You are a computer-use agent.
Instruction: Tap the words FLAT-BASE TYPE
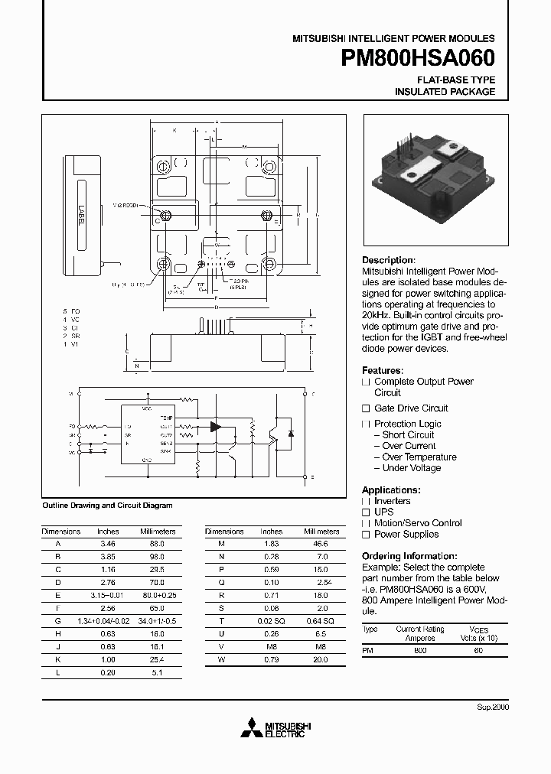pos(455,80)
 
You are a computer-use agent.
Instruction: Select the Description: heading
pos(388,260)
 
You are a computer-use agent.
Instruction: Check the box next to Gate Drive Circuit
pos(366,408)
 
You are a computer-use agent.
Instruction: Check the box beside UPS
pos(366,512)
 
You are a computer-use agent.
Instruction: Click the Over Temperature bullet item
pos(419,457)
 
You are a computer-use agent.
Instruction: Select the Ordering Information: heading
pos(409,556)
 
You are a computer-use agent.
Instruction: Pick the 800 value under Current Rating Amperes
pos(420,649)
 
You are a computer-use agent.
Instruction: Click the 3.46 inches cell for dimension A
pos(108,542)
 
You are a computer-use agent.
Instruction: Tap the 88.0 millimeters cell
pos(156,542)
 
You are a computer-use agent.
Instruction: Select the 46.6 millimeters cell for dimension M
pos(321,542)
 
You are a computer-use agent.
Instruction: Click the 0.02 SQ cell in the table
pos(272,622)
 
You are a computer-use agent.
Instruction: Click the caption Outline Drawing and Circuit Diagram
pos(107,506)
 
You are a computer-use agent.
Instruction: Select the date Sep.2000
pos(492,707)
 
